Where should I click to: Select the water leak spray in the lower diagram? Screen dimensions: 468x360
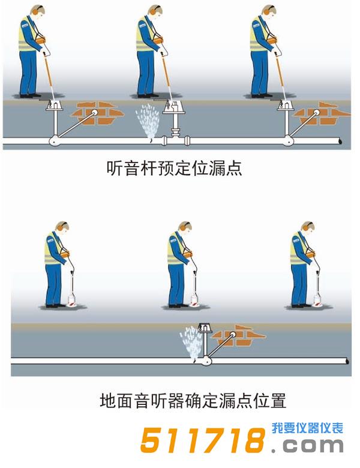tap(193, 342)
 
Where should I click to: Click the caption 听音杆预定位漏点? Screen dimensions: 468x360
tap(174, 169)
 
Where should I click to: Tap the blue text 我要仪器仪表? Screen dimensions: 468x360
tap(307, 428)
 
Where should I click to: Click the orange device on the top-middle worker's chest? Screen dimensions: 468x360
tap(158, 40)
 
